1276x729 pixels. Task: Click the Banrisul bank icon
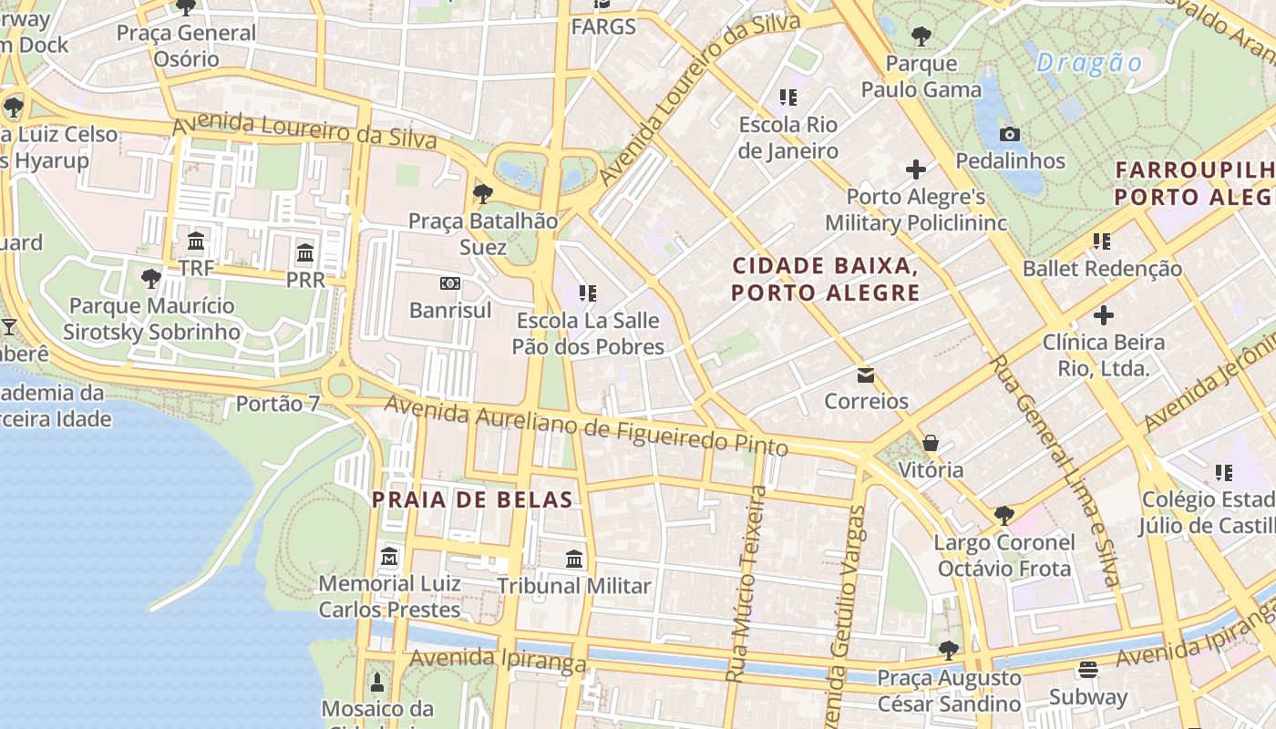449,283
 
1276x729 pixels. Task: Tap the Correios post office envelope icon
865,375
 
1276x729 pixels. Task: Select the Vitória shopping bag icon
931,443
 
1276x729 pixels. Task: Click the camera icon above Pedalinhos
1009,135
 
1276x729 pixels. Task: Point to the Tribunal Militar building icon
574,559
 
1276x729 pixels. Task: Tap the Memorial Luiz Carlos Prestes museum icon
390,556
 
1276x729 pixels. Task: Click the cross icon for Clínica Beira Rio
1104,316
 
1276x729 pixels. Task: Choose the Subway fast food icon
1087,670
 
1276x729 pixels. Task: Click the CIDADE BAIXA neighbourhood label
826,279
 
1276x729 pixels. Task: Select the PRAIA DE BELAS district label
472,499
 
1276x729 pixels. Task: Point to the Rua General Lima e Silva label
1055,468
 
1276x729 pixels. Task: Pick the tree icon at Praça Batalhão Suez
483,193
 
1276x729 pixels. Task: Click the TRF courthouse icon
196,241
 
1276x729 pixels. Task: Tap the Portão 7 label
277,403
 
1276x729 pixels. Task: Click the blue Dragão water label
1089,63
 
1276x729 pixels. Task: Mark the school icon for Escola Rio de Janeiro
788,98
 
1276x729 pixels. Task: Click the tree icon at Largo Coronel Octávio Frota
1003,515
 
